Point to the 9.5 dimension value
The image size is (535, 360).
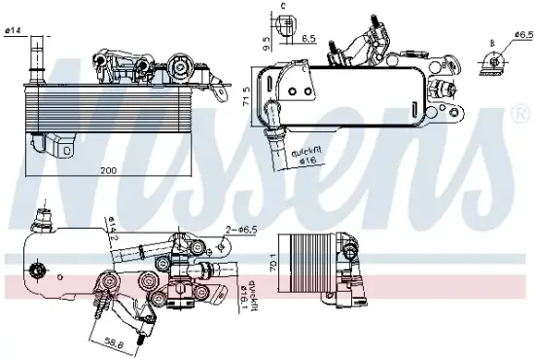[265, 43]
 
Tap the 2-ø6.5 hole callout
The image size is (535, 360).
[242, 230]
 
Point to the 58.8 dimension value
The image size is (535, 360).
[114, 342]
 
